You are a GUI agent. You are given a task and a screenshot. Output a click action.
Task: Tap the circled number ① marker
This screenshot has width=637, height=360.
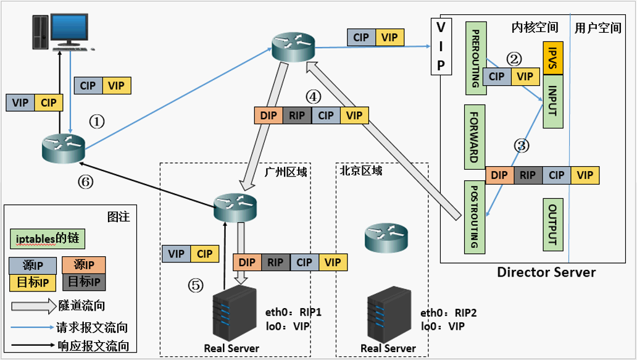coord(97,122)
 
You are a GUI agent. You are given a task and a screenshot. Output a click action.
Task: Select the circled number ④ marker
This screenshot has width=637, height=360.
coord(314,96)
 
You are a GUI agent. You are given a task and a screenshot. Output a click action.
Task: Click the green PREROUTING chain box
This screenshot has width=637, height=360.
coord(475,58)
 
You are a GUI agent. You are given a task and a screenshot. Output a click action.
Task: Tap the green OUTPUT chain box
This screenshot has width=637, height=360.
coord(552,224)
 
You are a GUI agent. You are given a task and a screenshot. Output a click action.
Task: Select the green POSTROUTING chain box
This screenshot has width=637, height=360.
coord(475,217)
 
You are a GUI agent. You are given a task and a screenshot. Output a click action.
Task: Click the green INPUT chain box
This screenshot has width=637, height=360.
coord(552,103)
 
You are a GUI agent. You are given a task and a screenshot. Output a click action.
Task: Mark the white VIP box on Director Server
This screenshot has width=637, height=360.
coord(441,46)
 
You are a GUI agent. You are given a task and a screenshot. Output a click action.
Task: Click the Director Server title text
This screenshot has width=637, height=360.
coord(546,272)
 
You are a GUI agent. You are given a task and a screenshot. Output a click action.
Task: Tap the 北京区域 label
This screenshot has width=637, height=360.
coord(361,170)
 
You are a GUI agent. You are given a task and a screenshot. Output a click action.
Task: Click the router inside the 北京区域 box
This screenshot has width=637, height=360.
coord(386,237)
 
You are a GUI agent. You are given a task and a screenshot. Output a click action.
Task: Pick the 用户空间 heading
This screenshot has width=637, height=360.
coord(597,28)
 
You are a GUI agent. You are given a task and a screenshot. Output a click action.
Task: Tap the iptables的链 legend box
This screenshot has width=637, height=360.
coord(46,238)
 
